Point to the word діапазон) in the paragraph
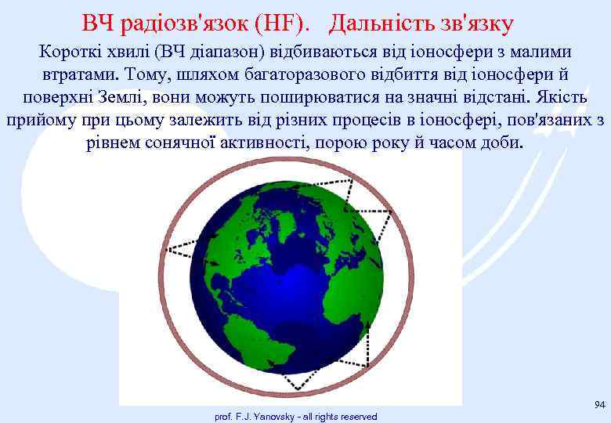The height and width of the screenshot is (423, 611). coord(228,52)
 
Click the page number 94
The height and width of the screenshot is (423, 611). coord(598,404)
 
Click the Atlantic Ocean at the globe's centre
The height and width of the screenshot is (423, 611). coord(290,282)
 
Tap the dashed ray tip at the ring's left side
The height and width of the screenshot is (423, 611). coord(172,250)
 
